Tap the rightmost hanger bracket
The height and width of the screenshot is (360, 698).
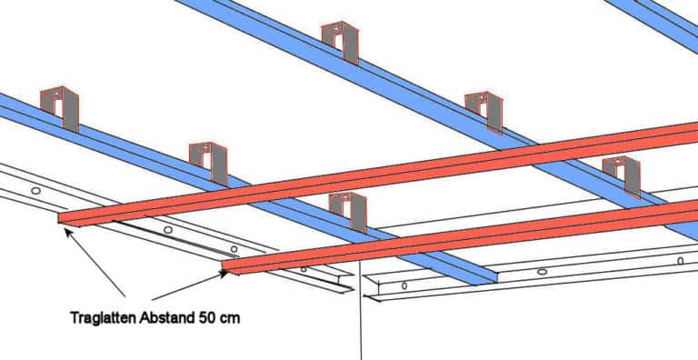[x=621, y=174]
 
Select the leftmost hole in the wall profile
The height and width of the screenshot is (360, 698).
[x=35, y=192]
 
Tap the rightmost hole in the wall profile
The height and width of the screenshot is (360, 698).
[x=680, y=261]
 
